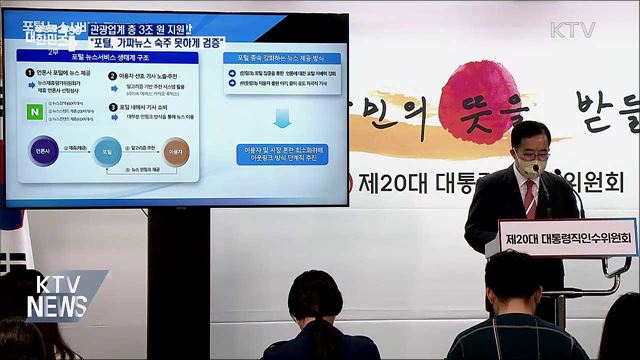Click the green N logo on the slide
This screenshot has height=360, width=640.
(37, 112)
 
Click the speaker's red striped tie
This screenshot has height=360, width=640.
(529, 200)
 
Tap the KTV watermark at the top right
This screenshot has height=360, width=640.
(572, 30)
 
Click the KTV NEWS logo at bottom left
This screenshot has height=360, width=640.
(55, 293)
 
